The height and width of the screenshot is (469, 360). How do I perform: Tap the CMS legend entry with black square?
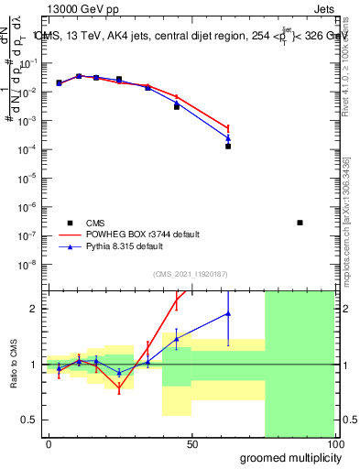[70, 223]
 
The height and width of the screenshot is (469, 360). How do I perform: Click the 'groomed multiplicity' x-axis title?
[287, 457]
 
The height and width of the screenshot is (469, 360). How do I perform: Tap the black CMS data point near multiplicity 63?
[228, 146]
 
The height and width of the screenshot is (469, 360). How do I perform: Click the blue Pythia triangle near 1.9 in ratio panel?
[228, 314]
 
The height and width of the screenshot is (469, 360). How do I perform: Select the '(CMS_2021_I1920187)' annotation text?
[190, 274]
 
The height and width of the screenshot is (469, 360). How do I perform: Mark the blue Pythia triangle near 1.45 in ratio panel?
[176, 339]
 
